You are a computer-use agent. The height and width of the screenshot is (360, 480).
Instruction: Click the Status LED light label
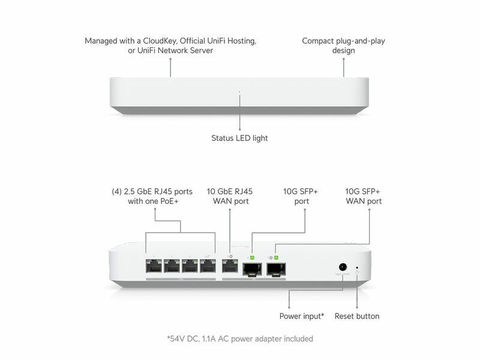[239, 138]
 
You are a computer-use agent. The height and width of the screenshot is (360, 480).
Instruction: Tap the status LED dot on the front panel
[239, 92]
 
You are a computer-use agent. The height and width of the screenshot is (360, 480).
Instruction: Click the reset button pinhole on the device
[358, 267]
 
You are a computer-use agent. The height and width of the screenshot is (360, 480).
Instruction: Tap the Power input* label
[302, 316]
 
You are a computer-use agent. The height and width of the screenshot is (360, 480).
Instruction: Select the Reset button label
[357, 316]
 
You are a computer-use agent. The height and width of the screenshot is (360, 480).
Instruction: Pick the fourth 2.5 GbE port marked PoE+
[208, 267]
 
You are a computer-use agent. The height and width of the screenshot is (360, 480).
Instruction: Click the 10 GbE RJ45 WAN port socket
[229, 267]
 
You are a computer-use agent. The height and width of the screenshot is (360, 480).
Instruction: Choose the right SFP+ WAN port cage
[277, 268]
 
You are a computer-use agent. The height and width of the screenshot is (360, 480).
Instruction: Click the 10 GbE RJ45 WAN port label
[230, 196]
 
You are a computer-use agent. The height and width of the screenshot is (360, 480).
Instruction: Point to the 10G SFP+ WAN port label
[364, 196]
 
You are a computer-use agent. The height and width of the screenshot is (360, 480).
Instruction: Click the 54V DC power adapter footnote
[240, 339]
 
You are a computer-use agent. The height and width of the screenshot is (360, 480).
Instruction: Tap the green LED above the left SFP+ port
[253, 257]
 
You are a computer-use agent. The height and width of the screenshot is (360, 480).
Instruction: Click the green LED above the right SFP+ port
[277, 257]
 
